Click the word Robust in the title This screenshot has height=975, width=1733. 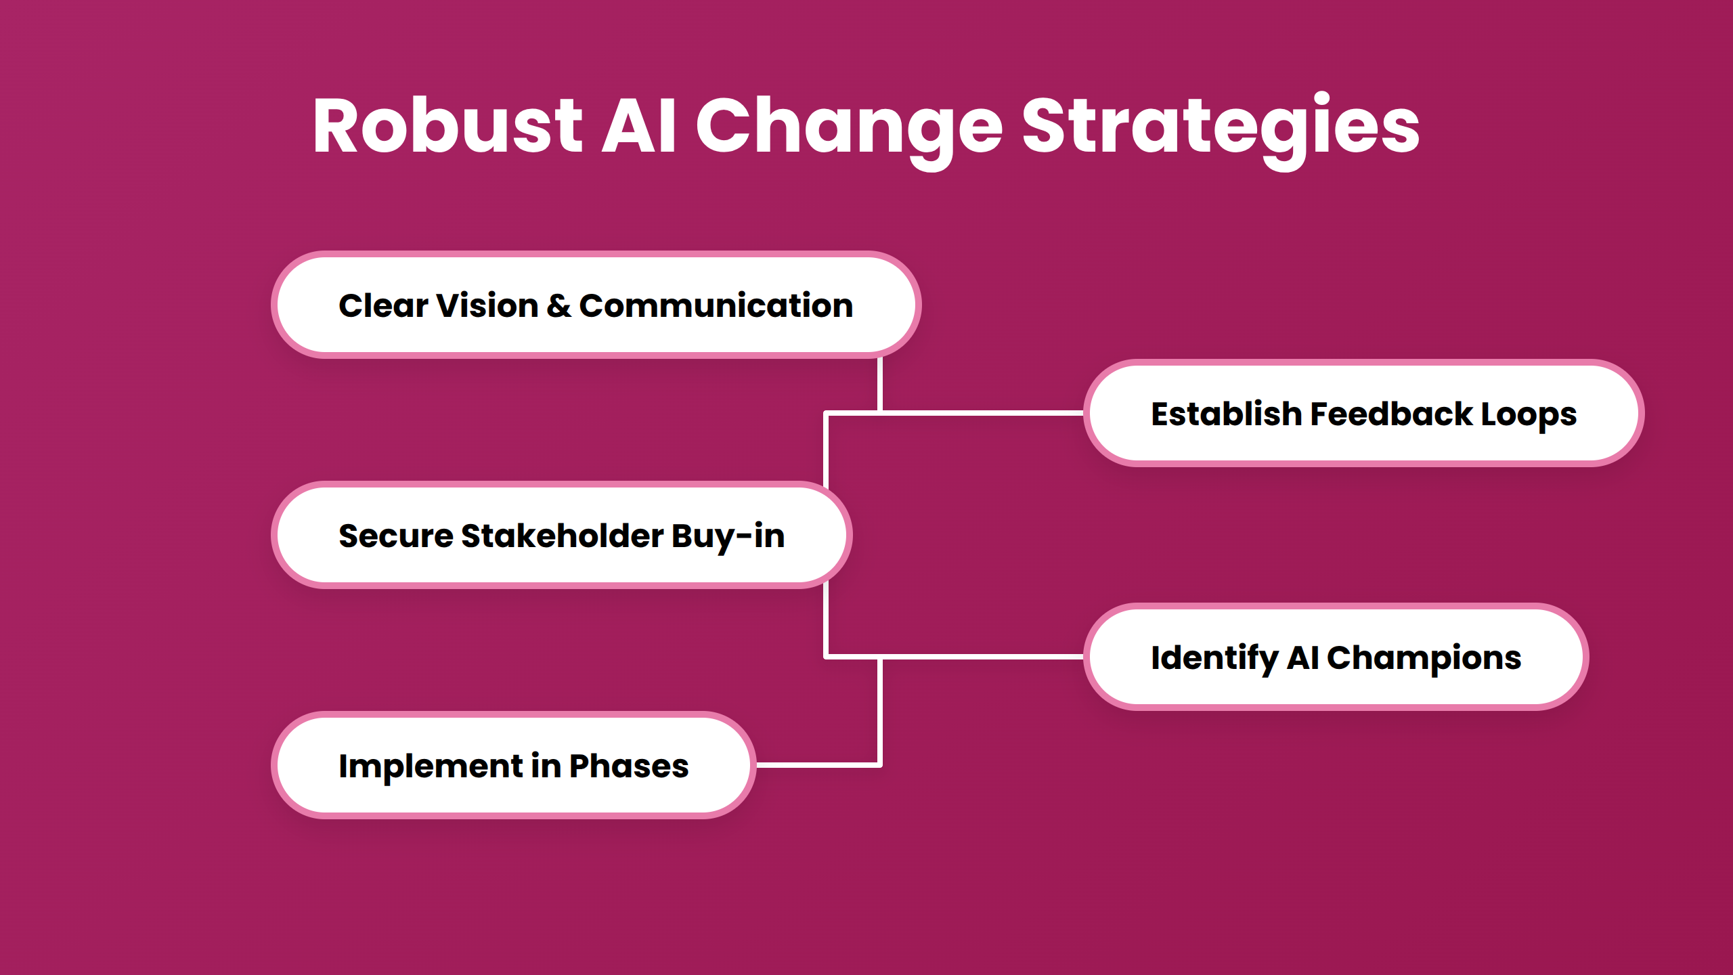click(x=447, y=126)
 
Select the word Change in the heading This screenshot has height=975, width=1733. click(x=849, y=126)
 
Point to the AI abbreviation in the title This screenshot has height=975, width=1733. click(x=638, y=126)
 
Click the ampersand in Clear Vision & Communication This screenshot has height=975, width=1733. click(x=558, y=305)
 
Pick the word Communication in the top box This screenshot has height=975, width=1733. click(x=716, y=305)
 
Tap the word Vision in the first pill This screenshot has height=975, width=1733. click(x=487, y=305)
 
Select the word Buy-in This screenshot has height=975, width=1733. click(x=728, y=536)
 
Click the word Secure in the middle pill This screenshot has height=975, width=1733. click(x=396, y=536)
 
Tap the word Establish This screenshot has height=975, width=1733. click(x=1226, y=414)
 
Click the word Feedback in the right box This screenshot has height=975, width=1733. click(x=1391, y=414)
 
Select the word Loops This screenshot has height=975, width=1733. click(x=1529, y=414)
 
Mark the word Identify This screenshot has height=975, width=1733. click(x=1214, y=657)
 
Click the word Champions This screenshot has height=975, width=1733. click(x=1424, y=657)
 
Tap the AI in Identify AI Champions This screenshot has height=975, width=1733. click(x=1302, y=657)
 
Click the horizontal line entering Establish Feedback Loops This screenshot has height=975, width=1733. click(x=982, y=412)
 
